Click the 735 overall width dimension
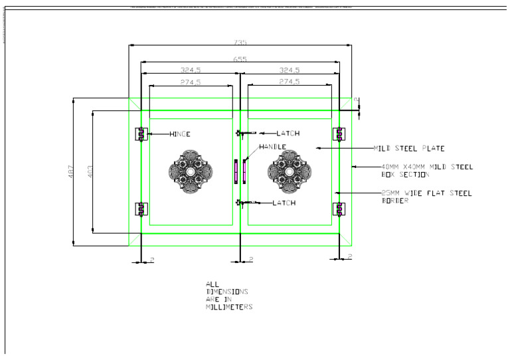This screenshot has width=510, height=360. pos(240,43)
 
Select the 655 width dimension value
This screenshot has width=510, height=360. pos(240,59)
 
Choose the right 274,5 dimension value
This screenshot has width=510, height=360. pos(289,82)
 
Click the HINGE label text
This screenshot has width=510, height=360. pos(179,134)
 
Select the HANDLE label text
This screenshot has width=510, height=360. pos(272,147)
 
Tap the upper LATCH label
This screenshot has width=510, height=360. pos(288,134)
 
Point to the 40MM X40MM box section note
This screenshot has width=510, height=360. pos(426,171)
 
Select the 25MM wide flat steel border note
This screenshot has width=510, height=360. pos(426,197)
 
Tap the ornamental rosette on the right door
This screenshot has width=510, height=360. pos(290,171)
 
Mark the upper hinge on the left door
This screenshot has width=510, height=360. pos(141,134)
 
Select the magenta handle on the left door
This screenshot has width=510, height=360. pos(235,171)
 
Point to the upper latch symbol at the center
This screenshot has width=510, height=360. pos(240,134)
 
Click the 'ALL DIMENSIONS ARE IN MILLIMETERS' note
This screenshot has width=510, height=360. pos(228,296)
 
